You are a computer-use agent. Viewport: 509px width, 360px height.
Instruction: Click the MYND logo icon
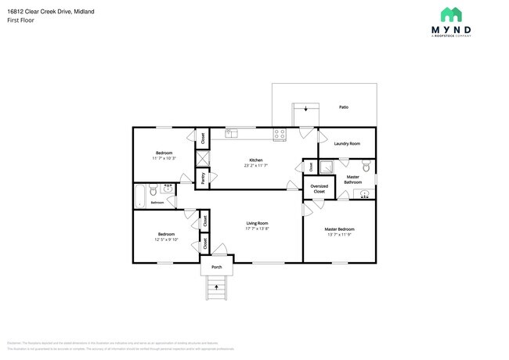coord(452,14)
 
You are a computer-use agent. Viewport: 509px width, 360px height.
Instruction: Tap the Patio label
coord(343,106)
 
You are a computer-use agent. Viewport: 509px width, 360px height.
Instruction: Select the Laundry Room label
coord(346,143)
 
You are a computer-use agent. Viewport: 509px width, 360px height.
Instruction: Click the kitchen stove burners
coord(280,135)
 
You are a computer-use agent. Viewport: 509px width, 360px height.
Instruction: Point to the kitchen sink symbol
coord(231,135)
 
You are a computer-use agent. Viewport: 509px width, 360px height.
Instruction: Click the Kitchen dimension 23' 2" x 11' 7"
coord(255,165)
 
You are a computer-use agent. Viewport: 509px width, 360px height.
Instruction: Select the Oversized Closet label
coord(319,189)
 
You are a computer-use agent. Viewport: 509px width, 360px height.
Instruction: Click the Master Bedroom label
coord(339,229)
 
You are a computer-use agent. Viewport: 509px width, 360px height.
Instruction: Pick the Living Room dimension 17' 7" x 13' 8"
coord(257,229)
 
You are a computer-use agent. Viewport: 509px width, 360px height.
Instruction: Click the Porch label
coord(217,267)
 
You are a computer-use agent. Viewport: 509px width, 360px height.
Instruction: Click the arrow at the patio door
coord(305,110)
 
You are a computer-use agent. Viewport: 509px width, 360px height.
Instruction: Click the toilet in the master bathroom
coord(366,167)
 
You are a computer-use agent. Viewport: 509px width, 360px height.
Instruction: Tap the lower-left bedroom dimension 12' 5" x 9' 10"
coord(166,239)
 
